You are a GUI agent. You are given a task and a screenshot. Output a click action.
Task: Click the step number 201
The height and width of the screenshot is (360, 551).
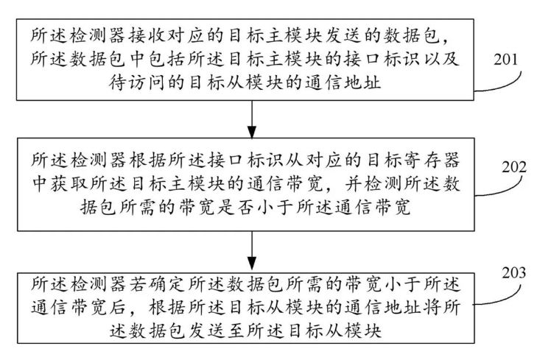(506, 59)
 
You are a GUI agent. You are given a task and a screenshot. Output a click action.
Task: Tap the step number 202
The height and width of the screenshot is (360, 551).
(514, 167)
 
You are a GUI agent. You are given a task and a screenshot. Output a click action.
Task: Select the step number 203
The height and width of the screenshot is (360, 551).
(514, 272)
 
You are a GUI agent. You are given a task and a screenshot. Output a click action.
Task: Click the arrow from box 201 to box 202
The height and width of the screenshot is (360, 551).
(252, 119)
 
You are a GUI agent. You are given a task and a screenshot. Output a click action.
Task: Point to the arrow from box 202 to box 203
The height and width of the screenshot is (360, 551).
(252, 251)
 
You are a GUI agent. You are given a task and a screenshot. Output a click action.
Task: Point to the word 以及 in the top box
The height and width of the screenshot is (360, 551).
(441, 59)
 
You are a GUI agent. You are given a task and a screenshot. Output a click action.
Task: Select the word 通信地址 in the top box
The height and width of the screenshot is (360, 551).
(343, 82)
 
